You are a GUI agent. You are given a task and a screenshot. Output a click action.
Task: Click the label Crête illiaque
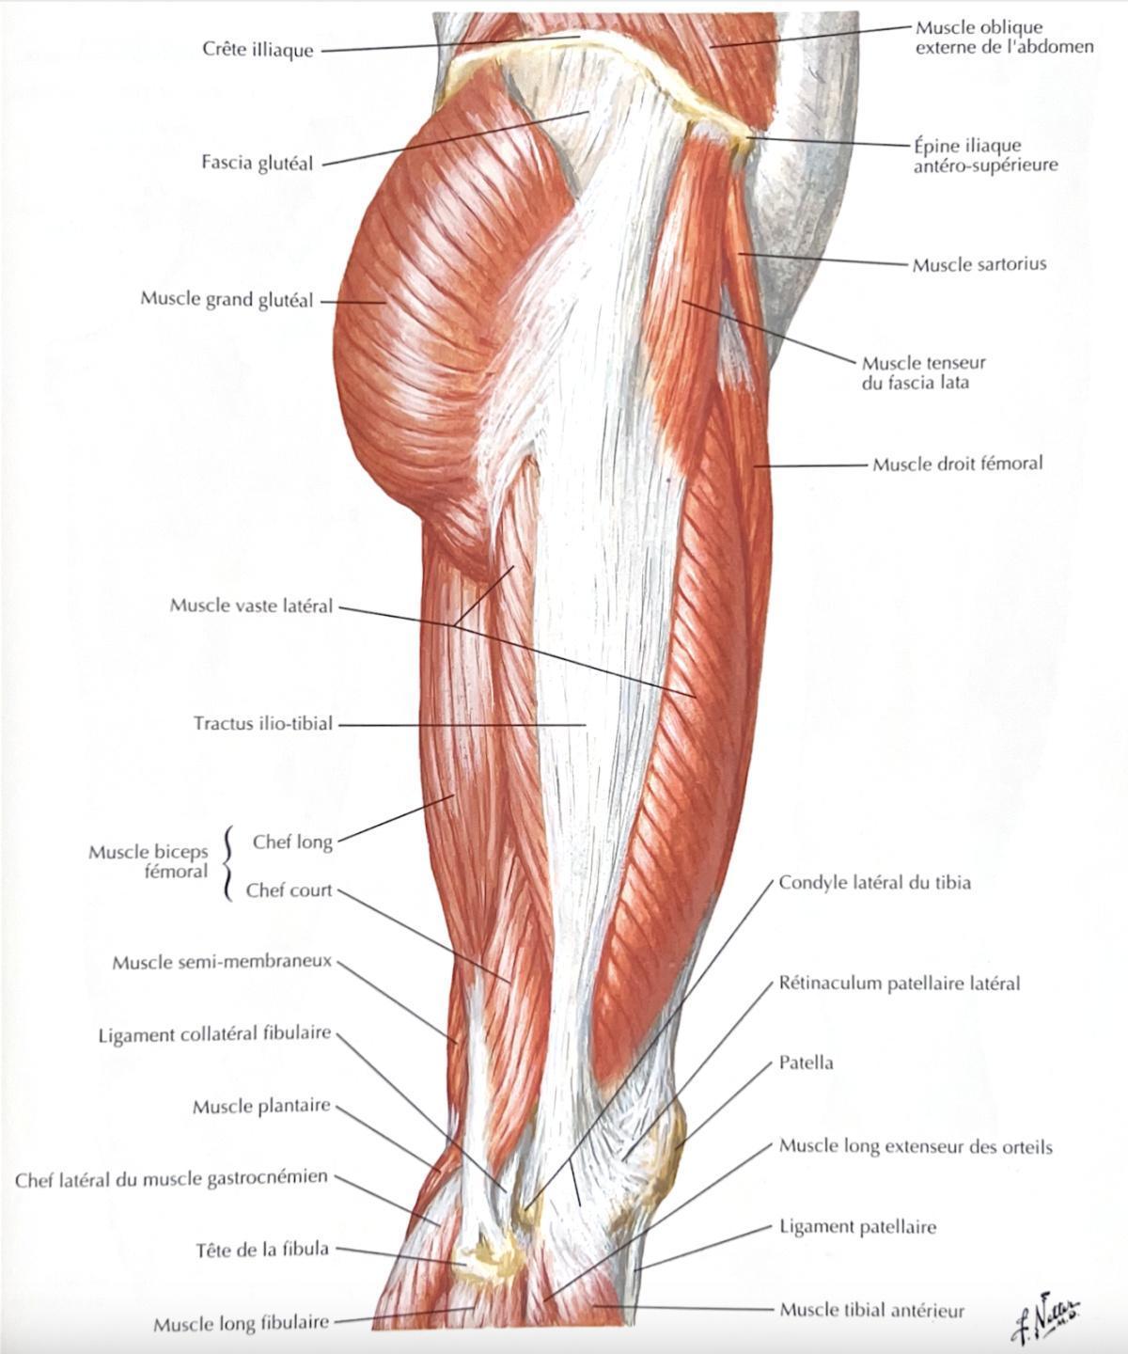coord(258,50)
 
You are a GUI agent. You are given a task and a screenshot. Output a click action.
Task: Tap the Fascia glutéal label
coord(258,162)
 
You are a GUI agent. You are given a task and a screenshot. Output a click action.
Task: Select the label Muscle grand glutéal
coord(227,300)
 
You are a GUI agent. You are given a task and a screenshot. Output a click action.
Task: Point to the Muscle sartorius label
coord(979,264)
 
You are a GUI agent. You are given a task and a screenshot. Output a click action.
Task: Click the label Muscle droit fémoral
coord(958,464)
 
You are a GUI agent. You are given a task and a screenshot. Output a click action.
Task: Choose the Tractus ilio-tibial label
coord(263,723)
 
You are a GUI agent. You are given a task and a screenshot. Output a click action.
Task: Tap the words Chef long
coord(292,842)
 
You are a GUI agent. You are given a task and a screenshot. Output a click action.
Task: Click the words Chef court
coord(289,890)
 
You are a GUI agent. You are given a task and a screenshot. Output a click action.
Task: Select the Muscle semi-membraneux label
coord(222,962)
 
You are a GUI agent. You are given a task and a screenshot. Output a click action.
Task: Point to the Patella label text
coord(806,1063)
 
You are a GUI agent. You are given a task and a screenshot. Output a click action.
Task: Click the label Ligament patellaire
coord(857,1227)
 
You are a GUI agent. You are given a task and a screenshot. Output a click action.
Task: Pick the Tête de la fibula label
coord(262,1249)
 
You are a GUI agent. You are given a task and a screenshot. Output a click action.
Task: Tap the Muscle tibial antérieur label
coord(872,1305)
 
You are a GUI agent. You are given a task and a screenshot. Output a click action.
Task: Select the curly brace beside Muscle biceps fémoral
coord(227,864)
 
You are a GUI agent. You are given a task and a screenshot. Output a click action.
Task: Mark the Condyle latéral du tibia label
coord(874,883)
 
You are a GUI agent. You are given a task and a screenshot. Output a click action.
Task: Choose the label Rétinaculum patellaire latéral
coord(900,984)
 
